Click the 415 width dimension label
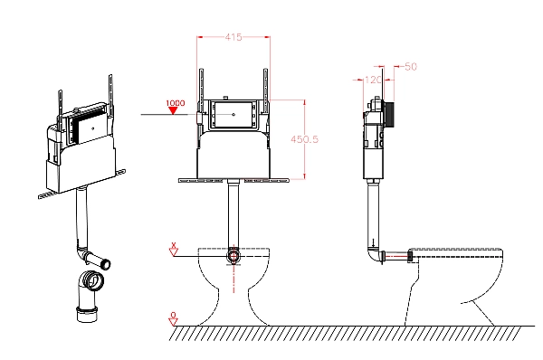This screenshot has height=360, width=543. click(233, 37)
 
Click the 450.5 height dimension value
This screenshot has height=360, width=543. click(304, 139)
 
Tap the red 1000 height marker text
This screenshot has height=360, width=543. click(176, 103)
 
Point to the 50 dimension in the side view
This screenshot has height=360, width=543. click(410, 66)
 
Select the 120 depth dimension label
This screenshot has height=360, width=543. click(373, 80)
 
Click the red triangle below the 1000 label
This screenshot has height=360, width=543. click(173, 110)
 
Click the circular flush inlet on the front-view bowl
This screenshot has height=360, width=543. click(233, 257)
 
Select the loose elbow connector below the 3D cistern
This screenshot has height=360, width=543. click(89, 295)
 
